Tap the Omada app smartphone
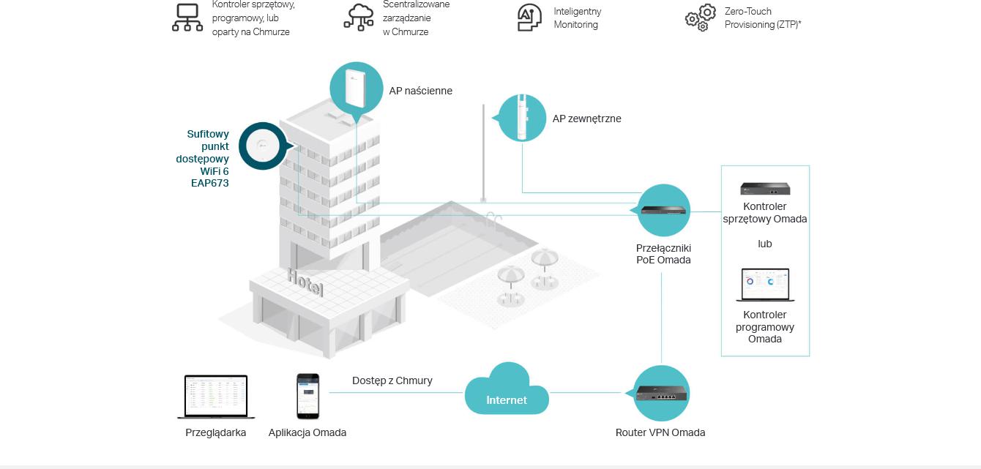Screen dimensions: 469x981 (x=307, y=396)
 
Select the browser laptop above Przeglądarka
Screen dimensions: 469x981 (x=216, y=397)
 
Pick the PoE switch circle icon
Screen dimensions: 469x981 (x=664, y=211)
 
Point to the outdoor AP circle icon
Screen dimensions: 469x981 (x=522, y=118)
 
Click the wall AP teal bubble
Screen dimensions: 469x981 (x=357, y=88)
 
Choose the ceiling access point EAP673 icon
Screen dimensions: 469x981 (x=263, y=146)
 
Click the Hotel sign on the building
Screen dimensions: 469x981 (x=305, y=282)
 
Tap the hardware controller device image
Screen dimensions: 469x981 (x=765, y=189)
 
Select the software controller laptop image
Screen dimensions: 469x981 (x=765, y=285)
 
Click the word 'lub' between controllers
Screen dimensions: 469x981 (x=765, y=244)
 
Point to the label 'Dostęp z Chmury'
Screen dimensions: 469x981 (x=392, y=380)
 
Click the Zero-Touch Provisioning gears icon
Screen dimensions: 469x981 (x=701, y=18)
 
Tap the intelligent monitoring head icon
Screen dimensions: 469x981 (x=529, y=18)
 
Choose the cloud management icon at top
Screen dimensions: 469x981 (x=359, y=18)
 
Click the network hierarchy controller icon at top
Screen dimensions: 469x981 (x=187, y=18)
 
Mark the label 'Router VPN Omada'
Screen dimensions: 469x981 (x=660, y=432)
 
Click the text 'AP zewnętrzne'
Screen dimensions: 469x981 (x=586, y=119)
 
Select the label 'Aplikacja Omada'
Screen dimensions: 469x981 (x=307, y=432)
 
